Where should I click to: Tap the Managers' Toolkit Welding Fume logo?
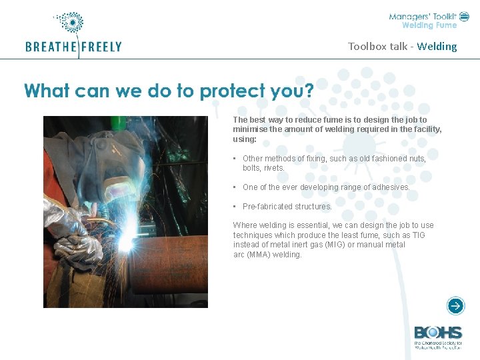coord(424,20)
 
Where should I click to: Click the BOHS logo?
coord(438,337)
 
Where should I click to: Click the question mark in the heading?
coord(308,90)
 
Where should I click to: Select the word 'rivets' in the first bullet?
coord(273,168)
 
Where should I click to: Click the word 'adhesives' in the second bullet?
coord(385,187)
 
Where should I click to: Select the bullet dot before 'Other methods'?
coord(236,159)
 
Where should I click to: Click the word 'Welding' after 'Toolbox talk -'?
coord(437,47)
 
